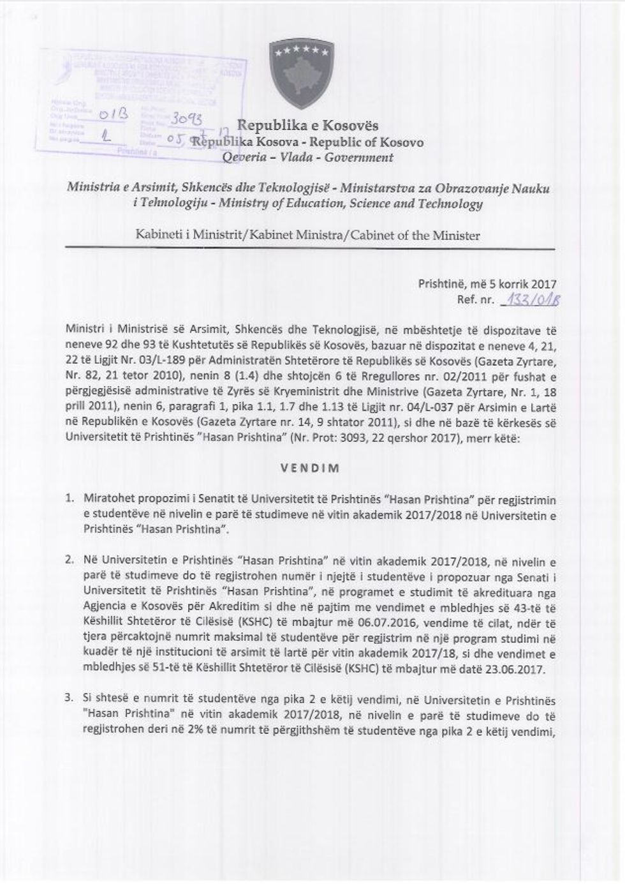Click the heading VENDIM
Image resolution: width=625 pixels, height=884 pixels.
(x=310, y=467)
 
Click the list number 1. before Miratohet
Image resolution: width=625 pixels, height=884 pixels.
(x=71, y=497)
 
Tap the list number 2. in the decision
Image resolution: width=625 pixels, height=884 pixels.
(x=71, y=560)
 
